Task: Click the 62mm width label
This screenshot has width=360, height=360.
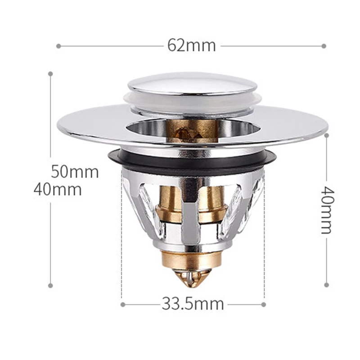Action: click(192, 45)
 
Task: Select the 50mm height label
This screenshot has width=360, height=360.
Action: click(75, 171)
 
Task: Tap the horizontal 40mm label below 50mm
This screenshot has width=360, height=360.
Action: click(58, 189)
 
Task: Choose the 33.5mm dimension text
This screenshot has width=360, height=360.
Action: click(193, 304)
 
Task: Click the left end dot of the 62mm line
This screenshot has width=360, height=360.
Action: click(58, 45)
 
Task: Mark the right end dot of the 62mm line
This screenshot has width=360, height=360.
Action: click(324, 45)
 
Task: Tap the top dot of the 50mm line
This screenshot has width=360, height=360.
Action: click(50, 73)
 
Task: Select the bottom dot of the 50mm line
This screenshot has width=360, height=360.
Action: click(50, 285)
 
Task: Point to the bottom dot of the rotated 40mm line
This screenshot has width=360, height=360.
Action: click(326, 285)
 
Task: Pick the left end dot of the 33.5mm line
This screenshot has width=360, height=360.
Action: click(122, 304)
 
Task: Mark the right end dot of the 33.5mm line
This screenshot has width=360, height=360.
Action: click(264, 304)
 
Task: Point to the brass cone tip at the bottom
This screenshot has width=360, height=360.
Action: click(193, 276)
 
